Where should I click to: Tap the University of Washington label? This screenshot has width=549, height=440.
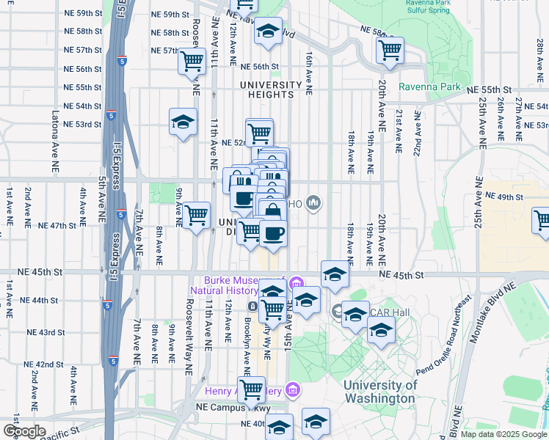coord(381,392)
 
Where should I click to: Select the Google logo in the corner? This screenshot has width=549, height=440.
coord(24,430)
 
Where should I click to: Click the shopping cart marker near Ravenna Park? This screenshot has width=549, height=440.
coord(390,51)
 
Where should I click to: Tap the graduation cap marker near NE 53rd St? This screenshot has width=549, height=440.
coord(183,122)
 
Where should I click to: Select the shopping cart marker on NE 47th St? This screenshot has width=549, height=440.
coord(196,216)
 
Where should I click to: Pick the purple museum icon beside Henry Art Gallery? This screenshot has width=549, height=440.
coord(294,388)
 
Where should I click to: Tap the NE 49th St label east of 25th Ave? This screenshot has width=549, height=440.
coord(503,197)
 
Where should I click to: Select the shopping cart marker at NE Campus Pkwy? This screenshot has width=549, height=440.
coord(251,390)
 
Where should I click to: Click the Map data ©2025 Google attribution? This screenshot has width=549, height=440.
coord(504,434)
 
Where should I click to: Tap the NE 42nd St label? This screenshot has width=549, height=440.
coord(43,364)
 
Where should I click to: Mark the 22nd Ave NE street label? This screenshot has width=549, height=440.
coord(416,133)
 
